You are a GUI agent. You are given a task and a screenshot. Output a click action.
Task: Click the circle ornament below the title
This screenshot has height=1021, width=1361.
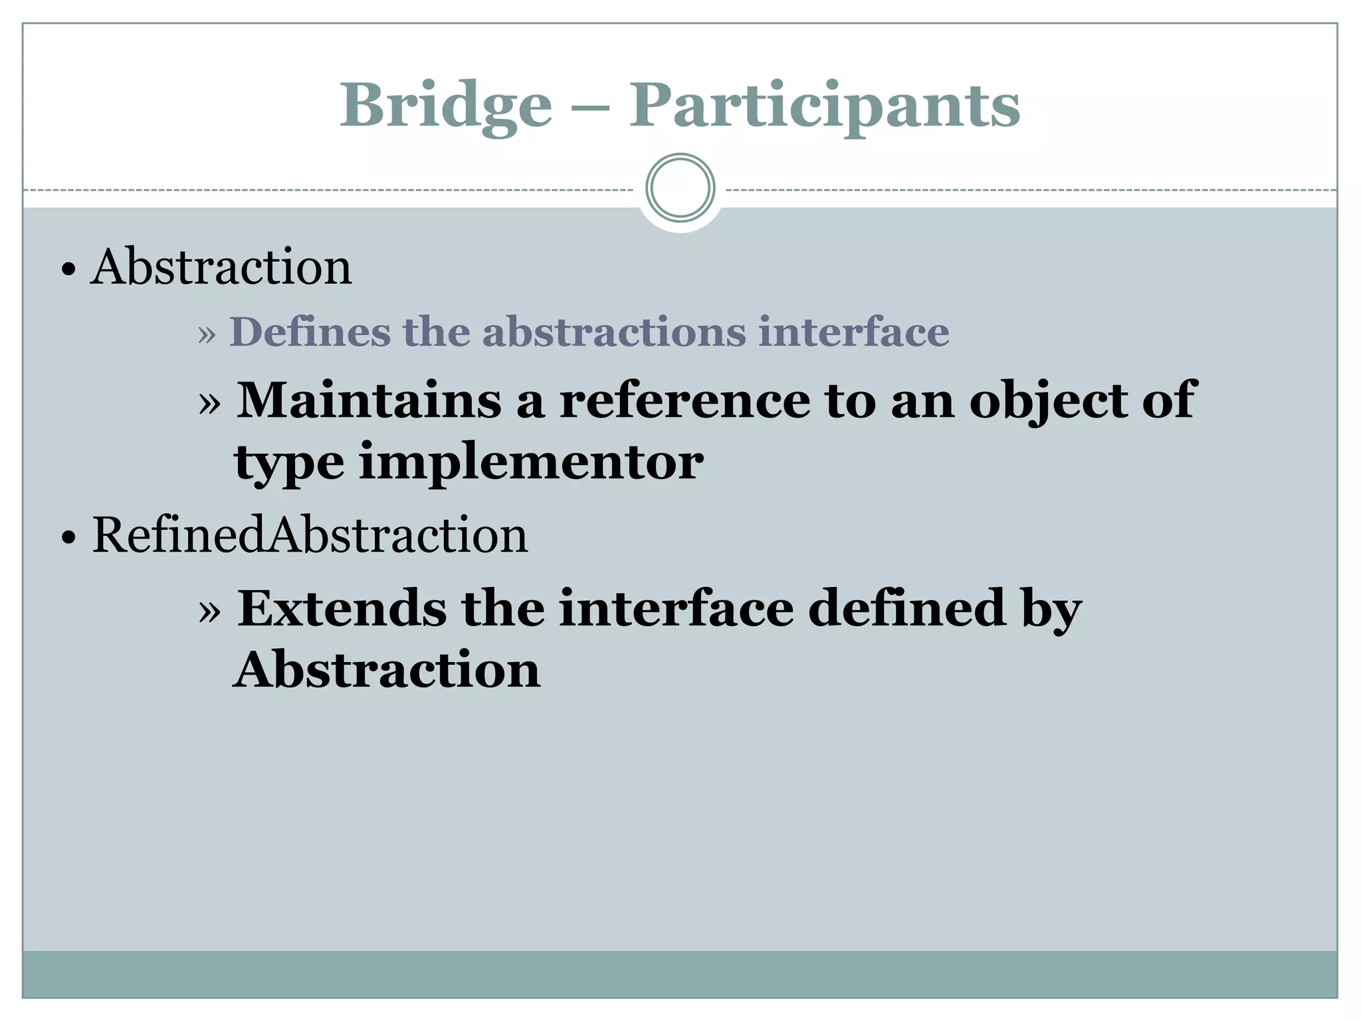pyautogui.click(x=680, y=188)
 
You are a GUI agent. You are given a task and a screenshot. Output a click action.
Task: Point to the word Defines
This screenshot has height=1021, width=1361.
pyautogui.click(x=310, y=332)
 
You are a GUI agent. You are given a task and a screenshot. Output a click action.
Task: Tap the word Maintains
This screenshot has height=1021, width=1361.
pyautogui.click(x=369, y=400)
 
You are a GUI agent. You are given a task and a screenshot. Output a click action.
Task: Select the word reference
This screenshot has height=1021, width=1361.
pyautogui.click(x=684, y=400)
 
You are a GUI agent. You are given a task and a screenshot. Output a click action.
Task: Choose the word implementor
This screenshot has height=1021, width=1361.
pyautogui.click(x=531, y=463)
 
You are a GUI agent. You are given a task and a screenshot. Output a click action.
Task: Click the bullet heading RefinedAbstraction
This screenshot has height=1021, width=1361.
pyautogui.click(x=310, y=535)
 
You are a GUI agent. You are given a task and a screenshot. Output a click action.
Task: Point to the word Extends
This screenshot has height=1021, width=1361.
pyautogui.click(x=342, y=608)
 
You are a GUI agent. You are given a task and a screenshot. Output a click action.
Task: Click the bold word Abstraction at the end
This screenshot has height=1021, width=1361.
pyautogui.click(x=387, y=669)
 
